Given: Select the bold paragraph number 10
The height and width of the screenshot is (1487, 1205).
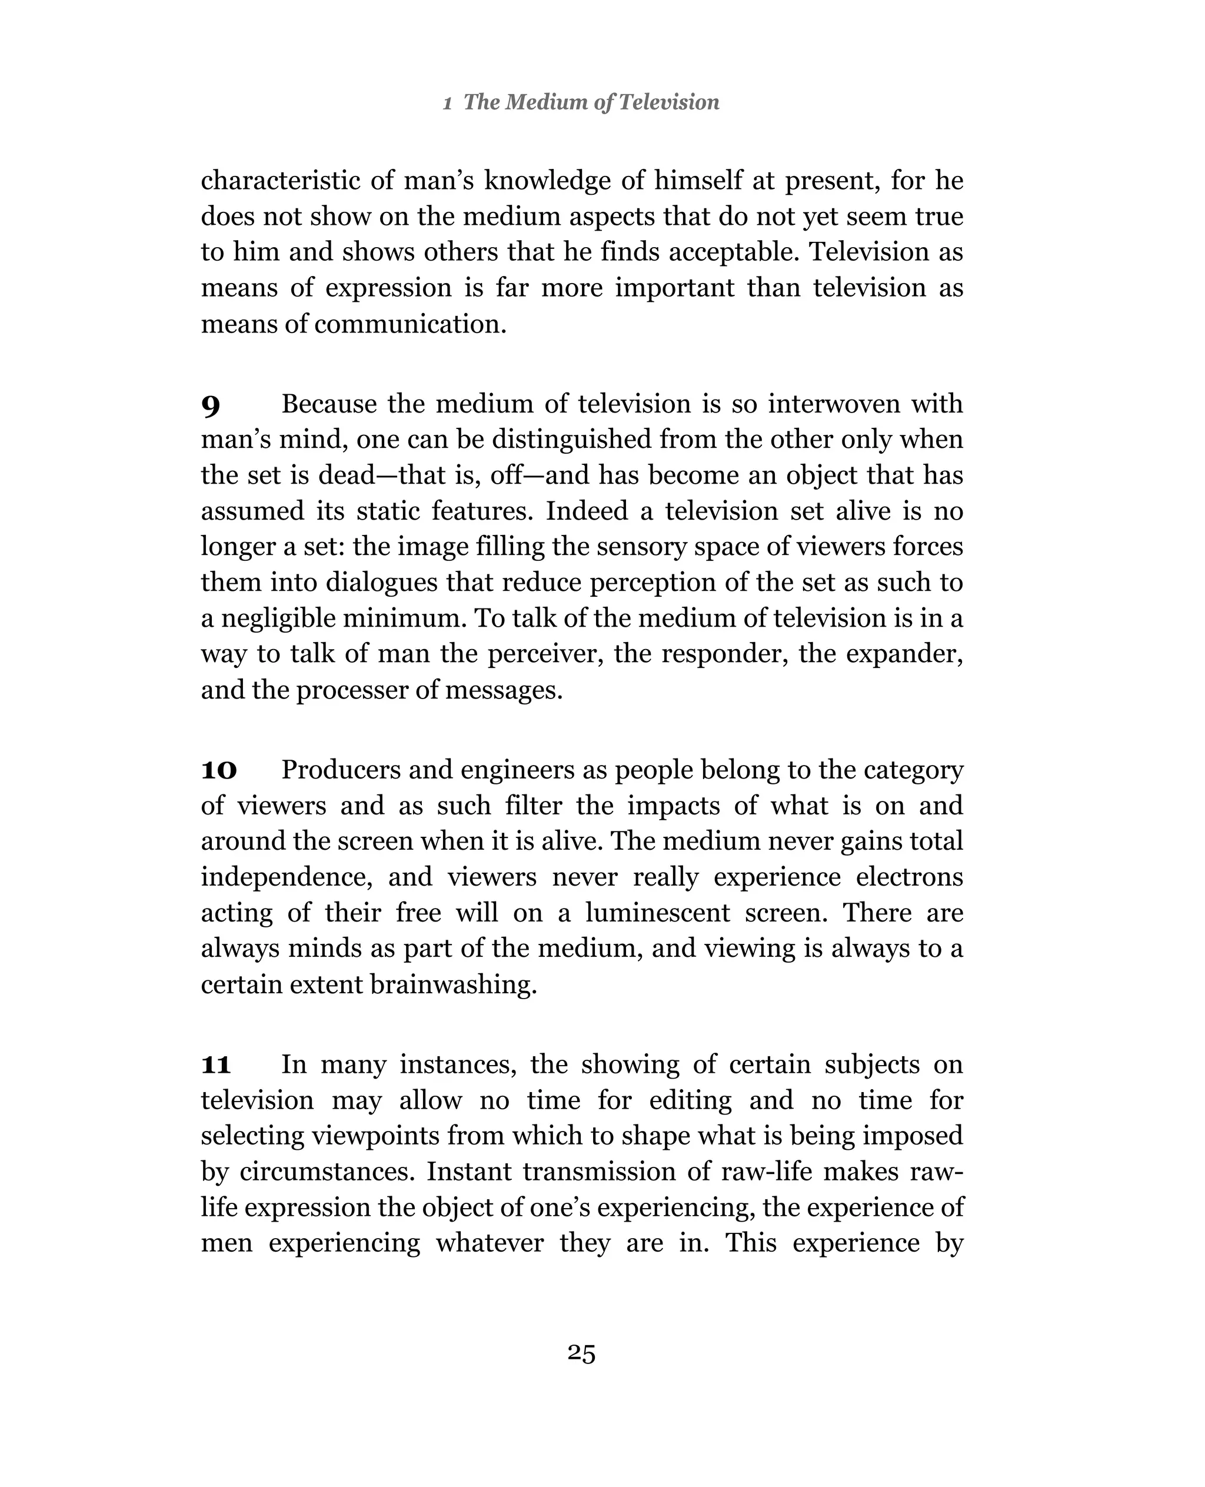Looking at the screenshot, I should pyautogui.click(x=219, y=771).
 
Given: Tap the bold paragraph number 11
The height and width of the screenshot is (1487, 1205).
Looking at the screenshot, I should pyautogui.click(x=216, y=1065).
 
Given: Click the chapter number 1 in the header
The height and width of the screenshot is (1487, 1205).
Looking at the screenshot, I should pyautogui.click(x=448, y=104).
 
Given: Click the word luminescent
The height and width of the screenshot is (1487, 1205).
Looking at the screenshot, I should pyautogui.click(x=657, y=912).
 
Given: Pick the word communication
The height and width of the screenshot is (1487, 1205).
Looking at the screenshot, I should pyautogui.click(x=410, y=324).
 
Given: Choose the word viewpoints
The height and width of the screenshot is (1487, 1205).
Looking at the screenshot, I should pyautogui.click(x=375, y=1136).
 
